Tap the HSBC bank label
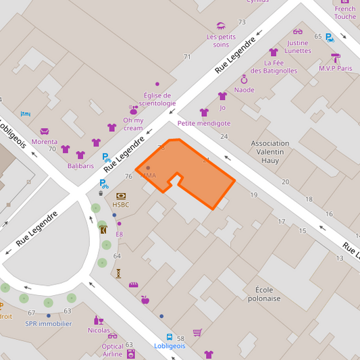121,205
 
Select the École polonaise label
263,294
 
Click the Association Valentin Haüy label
270,152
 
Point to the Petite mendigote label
203,124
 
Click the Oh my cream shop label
133,124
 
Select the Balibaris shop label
80,165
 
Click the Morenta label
45,142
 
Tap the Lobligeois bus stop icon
170,337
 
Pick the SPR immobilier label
49,324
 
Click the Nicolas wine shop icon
99,321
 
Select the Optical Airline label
112,350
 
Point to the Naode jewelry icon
244,80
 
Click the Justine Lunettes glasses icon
297,32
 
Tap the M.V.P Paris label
336,68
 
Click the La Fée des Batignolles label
274,66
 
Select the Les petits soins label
221,41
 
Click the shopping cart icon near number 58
197,332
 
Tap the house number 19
254,195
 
